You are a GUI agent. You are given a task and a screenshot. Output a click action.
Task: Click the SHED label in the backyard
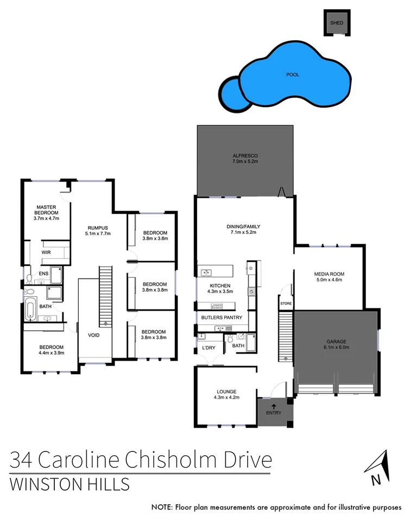coord(337,23)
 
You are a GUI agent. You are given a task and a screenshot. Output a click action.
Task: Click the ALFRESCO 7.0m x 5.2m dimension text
coord(244,162)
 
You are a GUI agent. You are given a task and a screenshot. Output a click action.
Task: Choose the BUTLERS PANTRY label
coord(222,317)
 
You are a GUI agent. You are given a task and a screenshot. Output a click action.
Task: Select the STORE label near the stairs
coord(286,304)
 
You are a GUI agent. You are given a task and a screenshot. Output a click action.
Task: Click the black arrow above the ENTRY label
coord(273,405)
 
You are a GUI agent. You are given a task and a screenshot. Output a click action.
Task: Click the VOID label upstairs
coord(94,335)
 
